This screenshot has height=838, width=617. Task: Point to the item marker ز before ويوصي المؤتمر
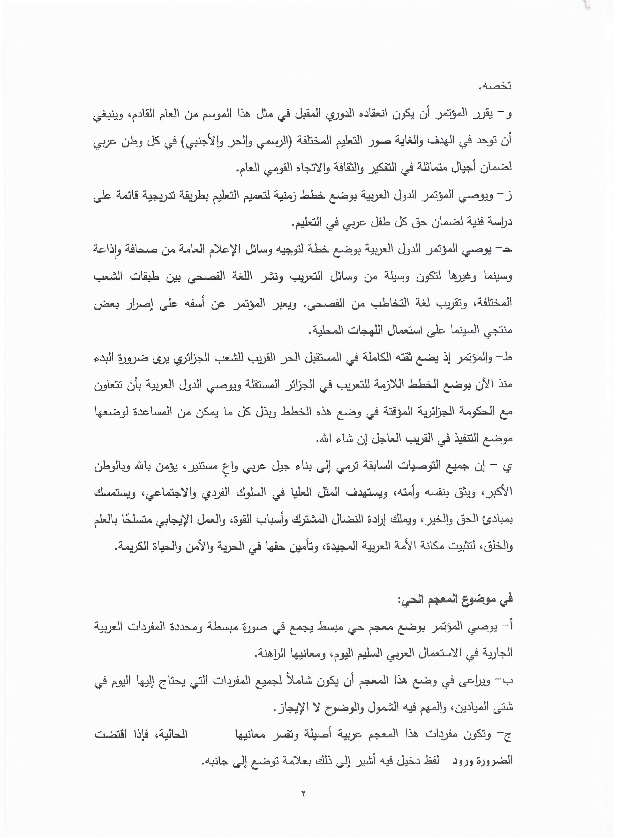(509, 195)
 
